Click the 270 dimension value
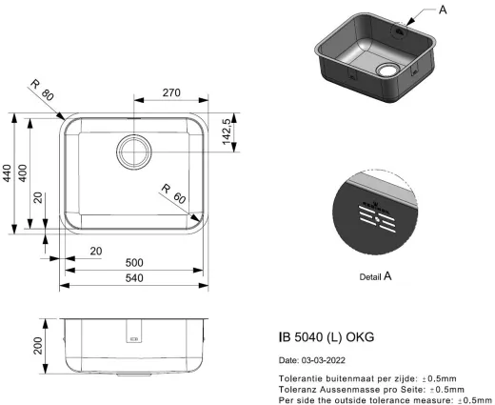(170, 94)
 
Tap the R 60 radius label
(171, 192)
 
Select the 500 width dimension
(133, 263)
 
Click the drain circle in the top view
(134, 151)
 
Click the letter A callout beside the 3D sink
(443, 10)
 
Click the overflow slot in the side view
(134, 336)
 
